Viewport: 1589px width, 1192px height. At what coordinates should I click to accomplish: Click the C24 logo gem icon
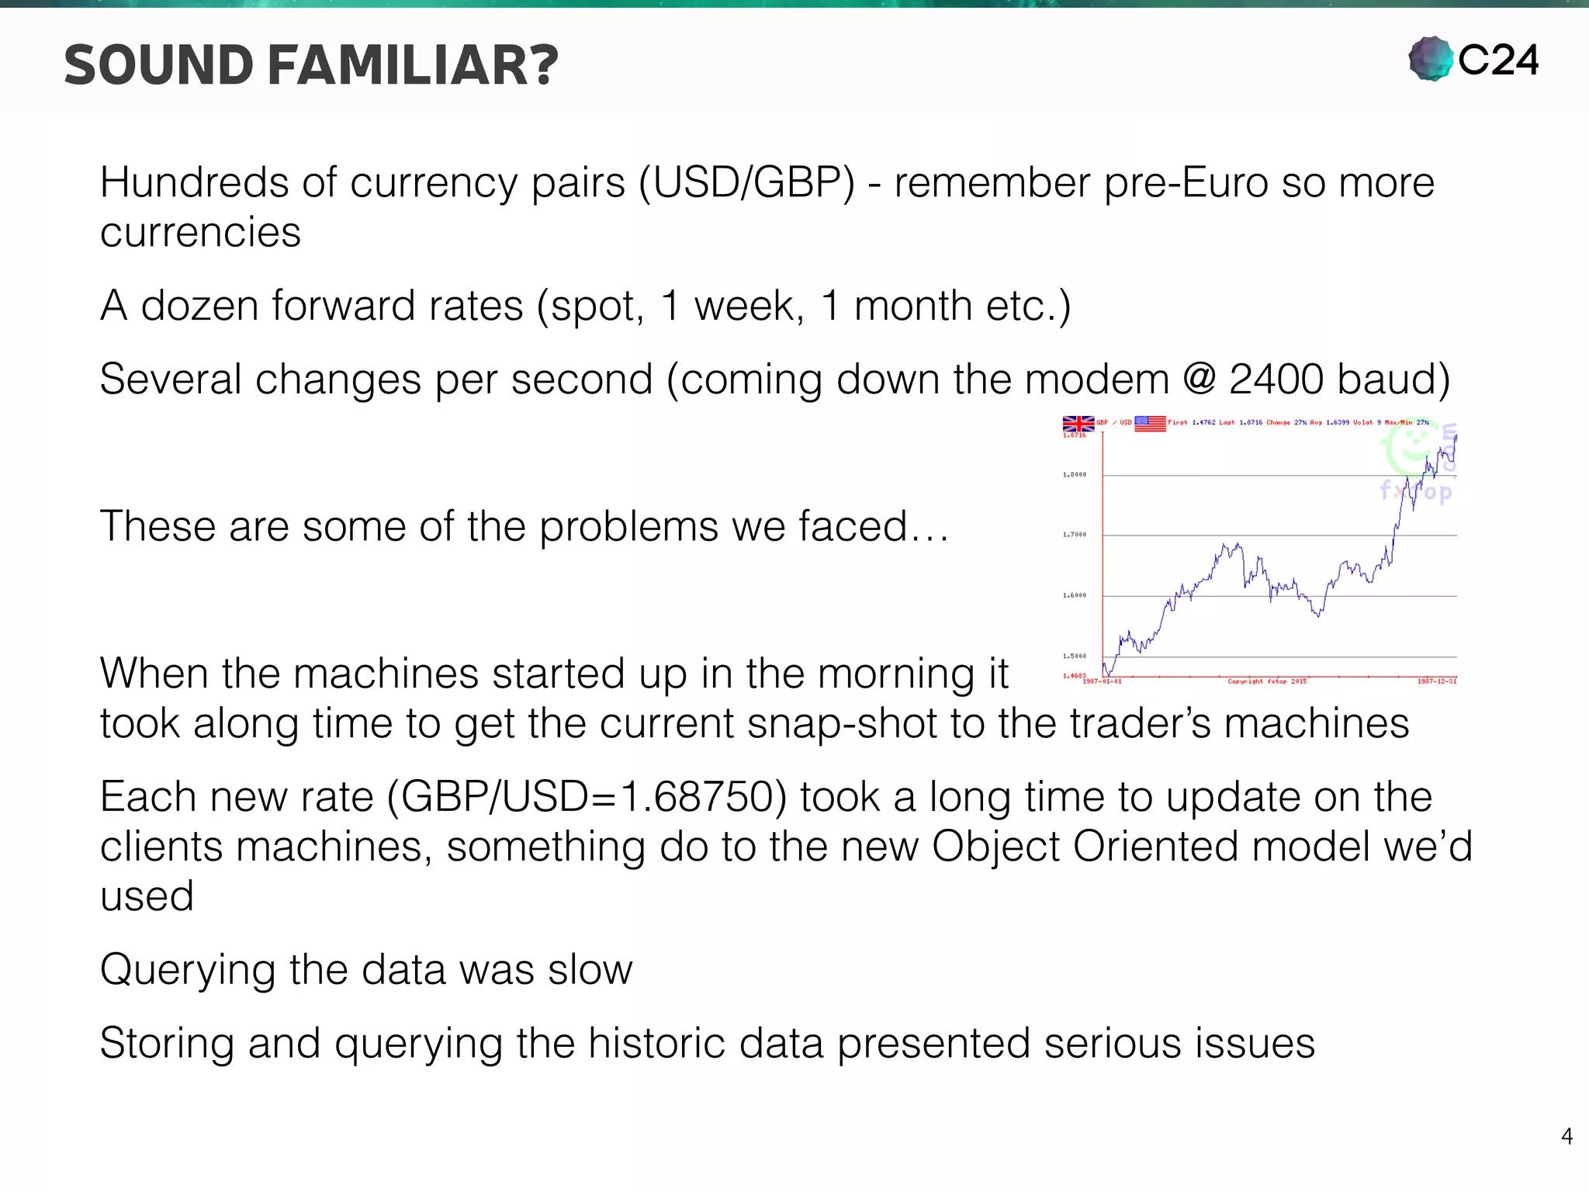[1431, 59]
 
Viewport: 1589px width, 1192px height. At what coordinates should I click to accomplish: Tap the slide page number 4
[1566, 1137]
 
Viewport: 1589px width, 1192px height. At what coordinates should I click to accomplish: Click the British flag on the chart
[1078, 424]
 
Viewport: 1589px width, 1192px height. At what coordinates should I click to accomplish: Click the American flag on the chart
[1150, 423]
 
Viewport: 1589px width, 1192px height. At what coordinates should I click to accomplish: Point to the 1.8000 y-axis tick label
[1075, 474]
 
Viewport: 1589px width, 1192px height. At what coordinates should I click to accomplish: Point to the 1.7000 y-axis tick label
[1075, 535]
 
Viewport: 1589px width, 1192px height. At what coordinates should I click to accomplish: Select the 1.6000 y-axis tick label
[1075, 595]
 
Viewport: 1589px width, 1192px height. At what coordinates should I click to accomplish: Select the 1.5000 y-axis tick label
[1075, 656]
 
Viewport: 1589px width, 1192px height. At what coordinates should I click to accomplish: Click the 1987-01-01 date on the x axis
[1102, 681]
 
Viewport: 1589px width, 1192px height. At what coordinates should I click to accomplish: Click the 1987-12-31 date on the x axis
[1437, 681]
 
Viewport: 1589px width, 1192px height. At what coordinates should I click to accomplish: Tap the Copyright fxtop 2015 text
[1267, 681]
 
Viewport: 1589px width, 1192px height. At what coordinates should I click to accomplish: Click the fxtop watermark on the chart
[1415, 491]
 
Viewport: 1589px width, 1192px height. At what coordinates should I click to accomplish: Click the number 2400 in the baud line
[1276, 379]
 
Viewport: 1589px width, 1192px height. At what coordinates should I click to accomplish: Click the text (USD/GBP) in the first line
[746, 183]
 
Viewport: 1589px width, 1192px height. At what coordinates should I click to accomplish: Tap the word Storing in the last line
[167, 1043]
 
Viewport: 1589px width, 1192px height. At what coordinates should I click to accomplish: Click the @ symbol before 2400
[1200, 379]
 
